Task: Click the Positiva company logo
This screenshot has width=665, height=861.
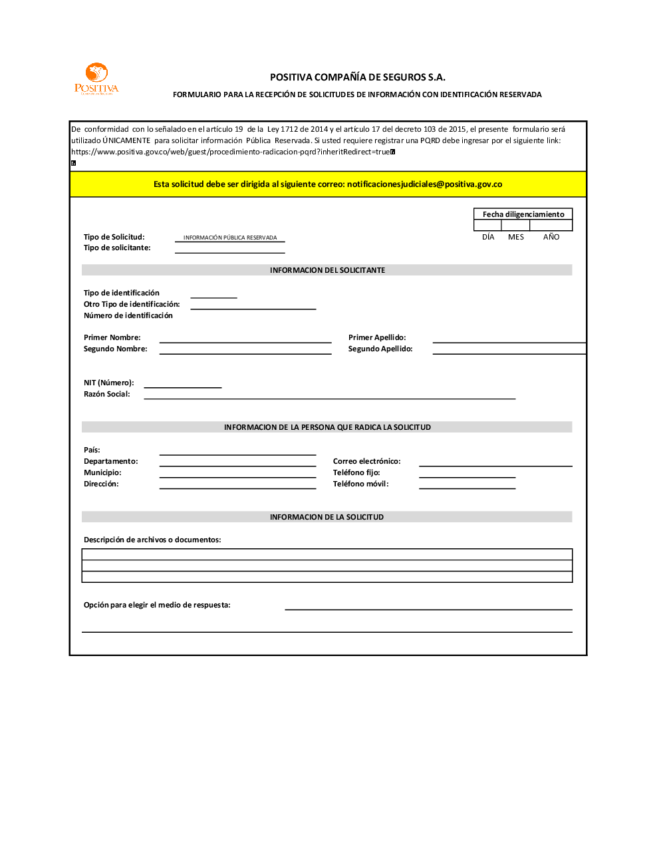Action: pos(96,79)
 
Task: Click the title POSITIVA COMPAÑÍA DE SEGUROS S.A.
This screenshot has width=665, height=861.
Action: pos(357,77)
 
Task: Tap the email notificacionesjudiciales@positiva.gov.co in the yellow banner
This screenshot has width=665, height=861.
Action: pos(424,184)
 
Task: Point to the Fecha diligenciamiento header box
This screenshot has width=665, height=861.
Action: pos(523,214)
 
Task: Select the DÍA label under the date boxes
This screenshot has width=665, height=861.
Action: pos(488,237)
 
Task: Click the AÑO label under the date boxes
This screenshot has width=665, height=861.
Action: pos(551,237)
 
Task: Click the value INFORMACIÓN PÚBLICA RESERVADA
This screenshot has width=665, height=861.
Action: pos(230,238)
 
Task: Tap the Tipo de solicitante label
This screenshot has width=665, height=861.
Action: pos(117,248)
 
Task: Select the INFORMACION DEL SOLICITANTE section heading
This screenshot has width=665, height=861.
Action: pos(327,270)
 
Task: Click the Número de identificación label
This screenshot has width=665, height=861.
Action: pos(128,315)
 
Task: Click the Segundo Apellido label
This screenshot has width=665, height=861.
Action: pos(380,349)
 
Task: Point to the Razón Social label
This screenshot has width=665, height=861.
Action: pos(107,394)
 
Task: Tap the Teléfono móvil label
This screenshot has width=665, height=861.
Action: pos(361,484)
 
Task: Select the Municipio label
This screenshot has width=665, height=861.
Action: pos(102,472)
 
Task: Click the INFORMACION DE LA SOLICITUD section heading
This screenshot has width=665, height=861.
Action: pos(327,517)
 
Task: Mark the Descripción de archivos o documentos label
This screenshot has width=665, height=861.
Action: pos(152,540)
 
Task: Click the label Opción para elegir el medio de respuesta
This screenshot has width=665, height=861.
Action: pos(157,605)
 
